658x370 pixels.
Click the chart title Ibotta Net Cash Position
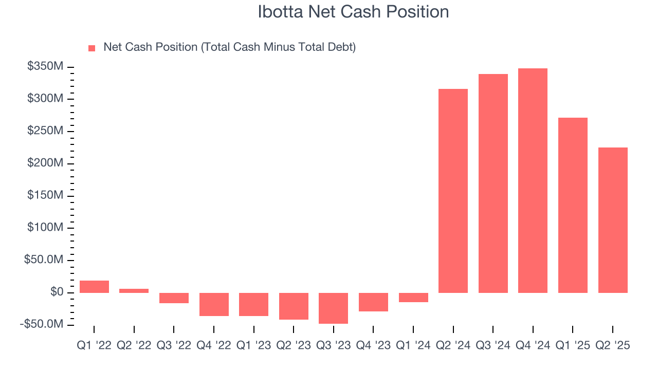(353, 12)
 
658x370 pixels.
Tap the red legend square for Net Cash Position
(92, 48)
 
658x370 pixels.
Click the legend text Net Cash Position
(229, 47)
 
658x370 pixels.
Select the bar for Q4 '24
(533, 180)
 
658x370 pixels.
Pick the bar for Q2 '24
(453, 191)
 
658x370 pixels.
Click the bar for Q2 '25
(613, 220)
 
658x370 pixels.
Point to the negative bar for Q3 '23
(333, 308)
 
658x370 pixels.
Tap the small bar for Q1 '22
(94, 287)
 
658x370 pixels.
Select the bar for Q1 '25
(573, 205)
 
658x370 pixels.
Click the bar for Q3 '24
(493, 183)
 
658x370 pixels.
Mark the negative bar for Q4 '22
(214, 304)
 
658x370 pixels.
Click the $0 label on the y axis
(57, 292)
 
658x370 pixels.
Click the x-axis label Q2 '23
(294, 346)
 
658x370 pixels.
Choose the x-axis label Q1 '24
(413, 346)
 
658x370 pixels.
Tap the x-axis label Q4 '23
(373, 346)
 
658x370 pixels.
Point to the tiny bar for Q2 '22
(134, 291)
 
